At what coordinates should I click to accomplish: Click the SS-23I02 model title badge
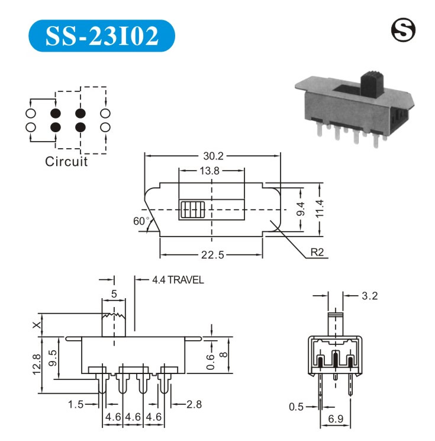pyautogui.click(x=102, y=36)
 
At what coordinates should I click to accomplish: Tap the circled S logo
pyautogui.click(x=403, y=30)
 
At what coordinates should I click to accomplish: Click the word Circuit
pyautogui.click(x=66, y=161)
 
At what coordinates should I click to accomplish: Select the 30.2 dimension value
pyautogui.click(x=213, y=156)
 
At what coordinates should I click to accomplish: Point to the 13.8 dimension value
pyautogui.click(x=210, y=171)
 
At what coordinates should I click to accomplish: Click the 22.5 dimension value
pyautogui.click(x=212, y=255)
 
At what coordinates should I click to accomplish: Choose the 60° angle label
pyautogui.click(x=141, y=221)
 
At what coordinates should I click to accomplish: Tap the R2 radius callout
pyautogui.click(x=317, y=253)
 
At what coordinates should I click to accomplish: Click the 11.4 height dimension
pyautogui.click(x=320, y=209)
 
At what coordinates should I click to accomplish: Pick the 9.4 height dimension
pyautogui.click(x=301, y=209)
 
